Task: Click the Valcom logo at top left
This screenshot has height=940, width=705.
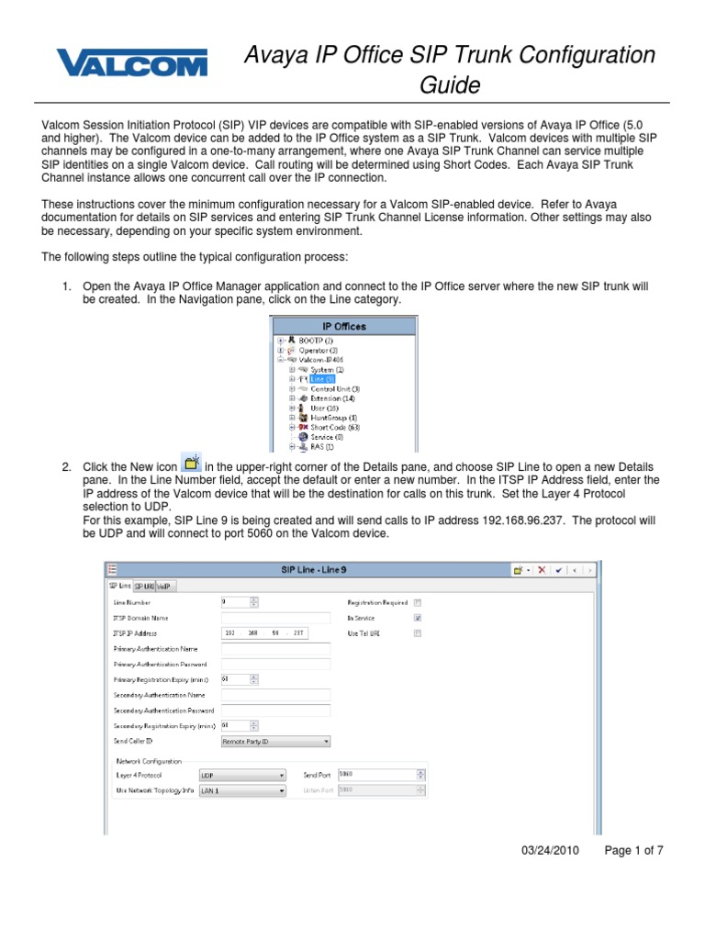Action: (x=132, y=63)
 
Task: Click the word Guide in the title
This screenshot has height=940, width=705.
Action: (x=450, y=85)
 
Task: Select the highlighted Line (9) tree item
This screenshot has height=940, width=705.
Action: (x=321, y=378)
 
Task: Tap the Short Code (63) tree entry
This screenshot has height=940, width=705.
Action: (x=334, y=427)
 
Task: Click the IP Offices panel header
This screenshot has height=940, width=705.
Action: (x=342, y=326)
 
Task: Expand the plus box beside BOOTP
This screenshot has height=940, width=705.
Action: (x=279, y=341)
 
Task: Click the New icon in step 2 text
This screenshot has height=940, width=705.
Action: (x=192, y=464)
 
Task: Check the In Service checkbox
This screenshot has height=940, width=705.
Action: (x=418, y=618)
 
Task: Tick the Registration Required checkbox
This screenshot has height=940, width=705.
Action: (x=418, y=602)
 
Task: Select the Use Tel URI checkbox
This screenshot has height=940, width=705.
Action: (x=418, y=633)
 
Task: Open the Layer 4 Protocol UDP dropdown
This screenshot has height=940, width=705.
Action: (x=243, y=774)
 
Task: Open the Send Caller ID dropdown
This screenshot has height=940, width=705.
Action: (x=275, y=741)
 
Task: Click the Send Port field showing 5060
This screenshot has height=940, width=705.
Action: (x=381, y=774)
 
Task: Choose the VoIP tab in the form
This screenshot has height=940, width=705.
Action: (x=165, y=585)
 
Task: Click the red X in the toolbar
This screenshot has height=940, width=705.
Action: (x=542, y=569)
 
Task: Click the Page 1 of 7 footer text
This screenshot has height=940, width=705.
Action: (x=633, y=851)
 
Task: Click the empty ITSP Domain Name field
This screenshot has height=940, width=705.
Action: (x=275, y=618)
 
